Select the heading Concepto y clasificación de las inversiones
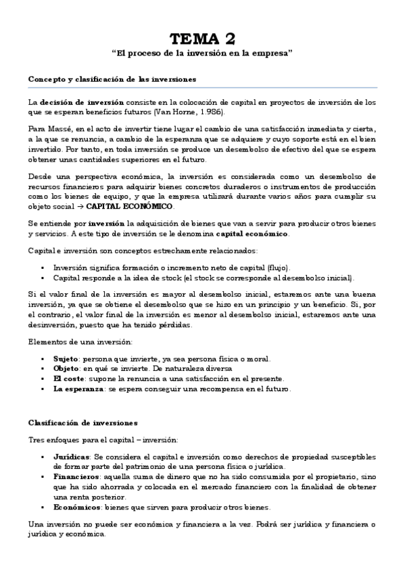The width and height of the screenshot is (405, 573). click(x=112, y=79)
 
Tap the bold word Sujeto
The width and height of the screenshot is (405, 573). click(x=65, y=358)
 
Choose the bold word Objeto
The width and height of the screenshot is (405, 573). click(x=66, y=368)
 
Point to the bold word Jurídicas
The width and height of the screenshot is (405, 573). click(x=71, y=457)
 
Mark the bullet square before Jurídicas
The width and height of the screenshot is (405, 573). click(x=43, y=457)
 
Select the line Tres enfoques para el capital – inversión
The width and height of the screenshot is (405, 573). click(x=103, y=439)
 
